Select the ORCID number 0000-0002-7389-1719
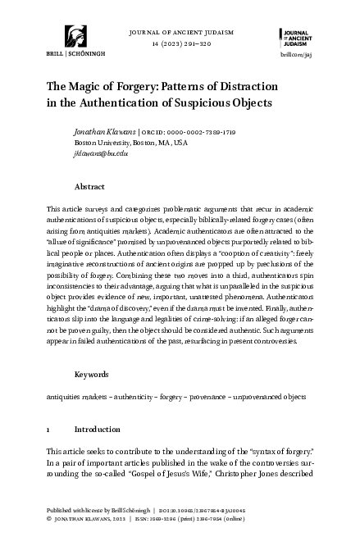click(x=202, y=131)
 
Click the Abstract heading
click(x=89, y=186)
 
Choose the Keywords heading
click(x=92, y=374)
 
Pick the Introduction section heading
click(x=97, y=429)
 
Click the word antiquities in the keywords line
click(x=64, y=395)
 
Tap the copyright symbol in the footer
click(x=49, y=541)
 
